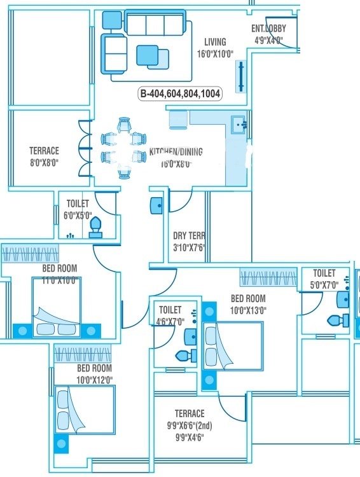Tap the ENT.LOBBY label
(269, 29)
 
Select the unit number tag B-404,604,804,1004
(181, 93)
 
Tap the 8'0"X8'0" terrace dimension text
(44, 162)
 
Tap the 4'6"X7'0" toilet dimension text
(170, 321)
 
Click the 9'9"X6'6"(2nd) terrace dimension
(190, 425)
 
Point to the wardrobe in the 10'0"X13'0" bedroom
(267, 277)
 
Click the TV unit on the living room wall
(242, 77)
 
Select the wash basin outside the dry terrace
(156, 205)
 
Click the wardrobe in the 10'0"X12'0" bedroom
(83, 353)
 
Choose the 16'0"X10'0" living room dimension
(214, 54)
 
